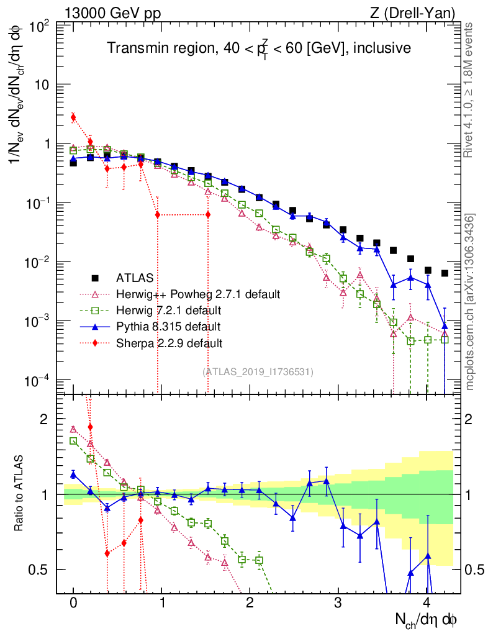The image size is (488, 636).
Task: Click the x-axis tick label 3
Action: (338, 603)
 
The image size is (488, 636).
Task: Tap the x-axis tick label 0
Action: (73, 603)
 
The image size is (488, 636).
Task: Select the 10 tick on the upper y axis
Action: (43, 84)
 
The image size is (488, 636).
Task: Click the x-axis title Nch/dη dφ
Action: (428, 619)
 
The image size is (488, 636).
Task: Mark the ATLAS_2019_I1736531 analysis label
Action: (258, 371)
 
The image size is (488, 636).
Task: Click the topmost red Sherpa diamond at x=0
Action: (73, 117)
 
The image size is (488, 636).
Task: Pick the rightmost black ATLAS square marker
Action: (445, 273)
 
